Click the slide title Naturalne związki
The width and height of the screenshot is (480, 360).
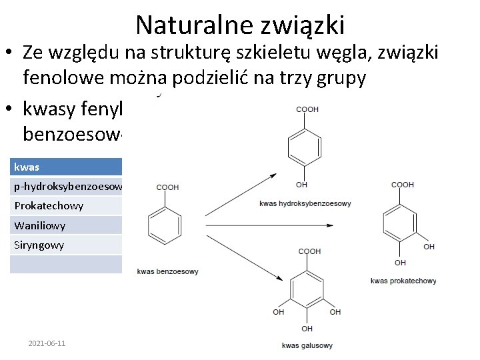point(240,25)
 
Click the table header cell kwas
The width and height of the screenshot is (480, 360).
point(27,167)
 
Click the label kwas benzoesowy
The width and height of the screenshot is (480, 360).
point(167,271)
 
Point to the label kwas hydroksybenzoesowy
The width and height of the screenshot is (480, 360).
point(305,203)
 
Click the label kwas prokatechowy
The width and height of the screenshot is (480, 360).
point(403,281)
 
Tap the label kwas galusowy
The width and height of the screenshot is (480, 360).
point(307,345)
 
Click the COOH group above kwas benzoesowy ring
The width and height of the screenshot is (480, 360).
point(167,188)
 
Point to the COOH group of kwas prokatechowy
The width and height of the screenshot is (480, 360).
point(402,185)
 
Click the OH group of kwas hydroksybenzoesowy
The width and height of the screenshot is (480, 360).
point(301,185)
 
